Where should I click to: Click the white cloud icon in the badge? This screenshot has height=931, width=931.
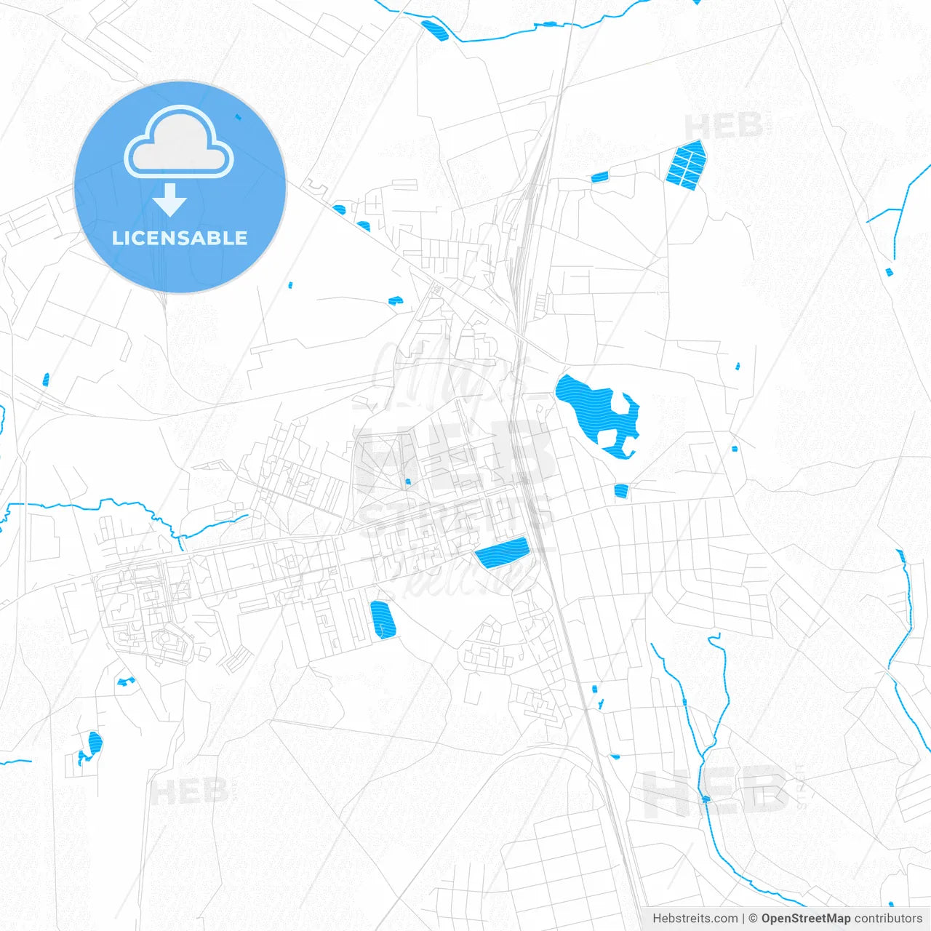(179, 143)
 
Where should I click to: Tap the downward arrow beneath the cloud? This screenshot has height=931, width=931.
(170, 200)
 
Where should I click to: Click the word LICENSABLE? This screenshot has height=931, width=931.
(180, 238)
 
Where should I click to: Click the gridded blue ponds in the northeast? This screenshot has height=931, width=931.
(687, 165)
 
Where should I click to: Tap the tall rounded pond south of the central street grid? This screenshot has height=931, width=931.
(383, 620)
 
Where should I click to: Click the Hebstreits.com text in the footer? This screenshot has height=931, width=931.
(695, 919)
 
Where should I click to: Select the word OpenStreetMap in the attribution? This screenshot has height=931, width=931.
(806, 919)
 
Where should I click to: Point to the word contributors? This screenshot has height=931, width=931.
(888, 919)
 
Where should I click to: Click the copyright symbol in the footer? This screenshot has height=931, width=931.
(754, 919)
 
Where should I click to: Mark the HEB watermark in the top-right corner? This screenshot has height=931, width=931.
(724, 126)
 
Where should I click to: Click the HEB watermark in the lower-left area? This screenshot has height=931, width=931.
(189, 791)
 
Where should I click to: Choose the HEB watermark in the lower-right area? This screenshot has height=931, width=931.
(716, 793)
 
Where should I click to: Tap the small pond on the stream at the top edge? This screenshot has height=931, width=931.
(435, 31)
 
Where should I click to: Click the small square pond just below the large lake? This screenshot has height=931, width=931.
(620, 491)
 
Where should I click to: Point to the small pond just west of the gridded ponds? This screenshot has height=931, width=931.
(599, 177)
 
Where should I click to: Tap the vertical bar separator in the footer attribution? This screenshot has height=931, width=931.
(743, 919)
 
